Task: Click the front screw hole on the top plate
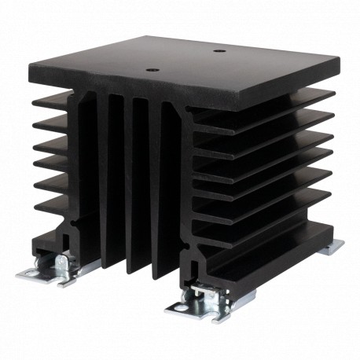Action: pos(152,68)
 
